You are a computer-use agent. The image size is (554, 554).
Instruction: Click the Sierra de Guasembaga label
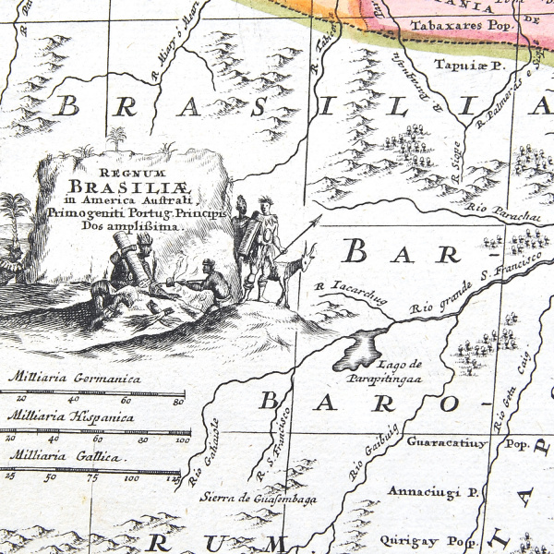click(259, 499)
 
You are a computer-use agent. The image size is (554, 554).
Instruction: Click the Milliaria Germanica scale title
click(75, 378)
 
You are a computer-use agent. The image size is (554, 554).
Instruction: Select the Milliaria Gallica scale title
click(65, 457)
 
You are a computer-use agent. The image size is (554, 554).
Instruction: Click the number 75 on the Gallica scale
click(90, 478)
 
